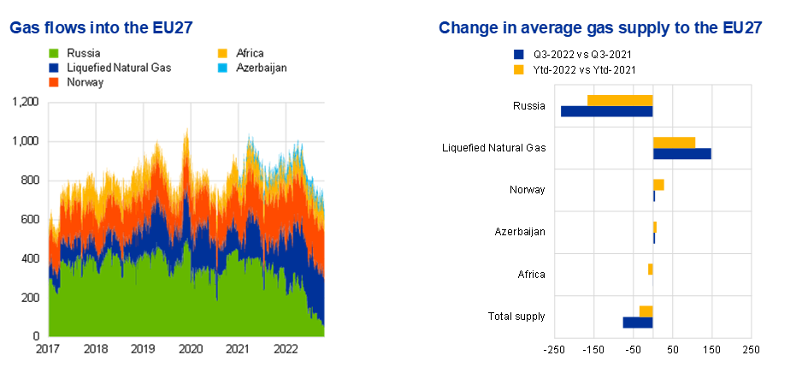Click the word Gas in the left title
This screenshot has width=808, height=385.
(24, 28)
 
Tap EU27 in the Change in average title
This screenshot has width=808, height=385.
(740, 28)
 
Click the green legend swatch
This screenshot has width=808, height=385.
(54, 53)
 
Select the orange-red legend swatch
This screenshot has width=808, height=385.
(54, 82)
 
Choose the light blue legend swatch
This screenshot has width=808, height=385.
(222, 68)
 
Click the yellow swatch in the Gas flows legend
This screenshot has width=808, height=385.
(222, 53)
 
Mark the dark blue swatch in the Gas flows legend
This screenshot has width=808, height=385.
(54, 68)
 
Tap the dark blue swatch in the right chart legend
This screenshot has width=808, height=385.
(519, 55)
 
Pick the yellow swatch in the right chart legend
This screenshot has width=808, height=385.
(519, 69)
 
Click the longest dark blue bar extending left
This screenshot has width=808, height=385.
(606, 111)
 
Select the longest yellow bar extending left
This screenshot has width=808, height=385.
(620, 100)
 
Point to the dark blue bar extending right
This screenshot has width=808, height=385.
(681, 154)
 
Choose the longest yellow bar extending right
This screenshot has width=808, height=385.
(675, 142)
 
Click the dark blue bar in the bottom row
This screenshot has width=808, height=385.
(637, 323)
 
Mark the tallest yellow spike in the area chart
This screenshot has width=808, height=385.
(186, 133)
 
